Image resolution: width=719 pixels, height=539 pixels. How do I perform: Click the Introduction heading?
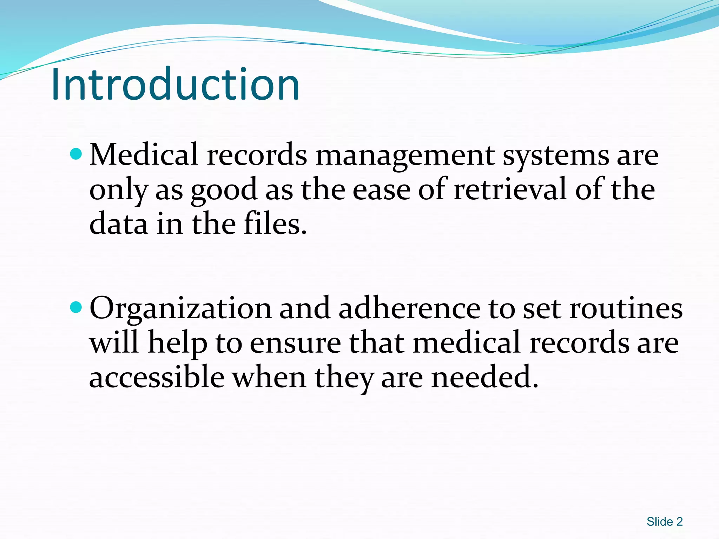pos(176,84)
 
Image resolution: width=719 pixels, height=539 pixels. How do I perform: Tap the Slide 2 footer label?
pos(664,521)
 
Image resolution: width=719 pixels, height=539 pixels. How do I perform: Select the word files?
pos(275,224)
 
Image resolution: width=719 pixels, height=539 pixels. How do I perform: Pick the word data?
pos(118,224)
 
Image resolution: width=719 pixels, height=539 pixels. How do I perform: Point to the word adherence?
pos(409,308)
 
